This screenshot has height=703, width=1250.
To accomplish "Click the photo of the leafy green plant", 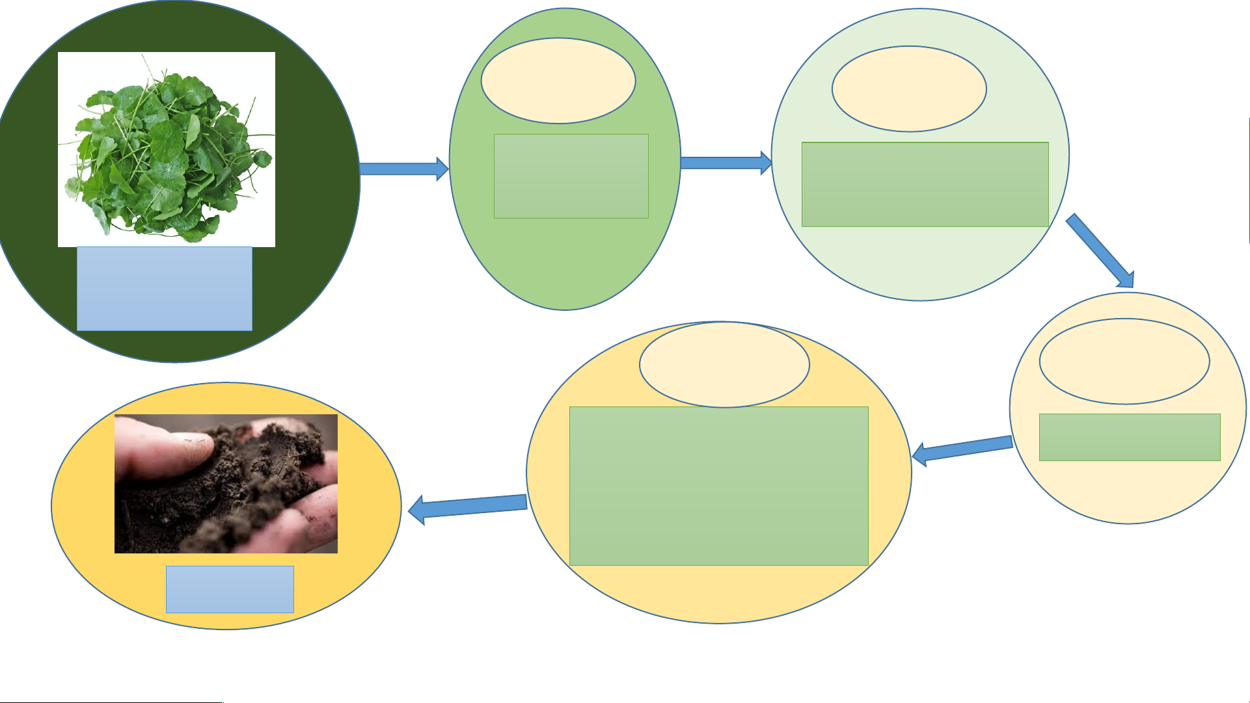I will (x=166, y=149).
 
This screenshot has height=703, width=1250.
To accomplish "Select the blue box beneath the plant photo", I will (x=165, y=289).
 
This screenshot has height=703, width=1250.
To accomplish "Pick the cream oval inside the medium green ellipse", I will (x=558, y=81).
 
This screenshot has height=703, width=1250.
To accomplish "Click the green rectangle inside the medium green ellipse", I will (x=571, y=176).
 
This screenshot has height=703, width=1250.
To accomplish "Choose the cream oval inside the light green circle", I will (x=909, y=88).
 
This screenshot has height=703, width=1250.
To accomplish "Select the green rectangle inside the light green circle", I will (x=925, y=184).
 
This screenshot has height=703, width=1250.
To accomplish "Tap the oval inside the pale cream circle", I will (x=1124, y=361).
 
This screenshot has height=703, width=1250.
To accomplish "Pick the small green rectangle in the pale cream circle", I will (x=1130, y=437).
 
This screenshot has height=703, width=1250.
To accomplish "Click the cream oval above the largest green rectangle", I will (x=724, y=364).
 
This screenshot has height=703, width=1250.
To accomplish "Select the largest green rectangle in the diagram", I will (x=719, y=486).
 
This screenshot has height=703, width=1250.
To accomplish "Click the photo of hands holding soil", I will (x=226, y=484).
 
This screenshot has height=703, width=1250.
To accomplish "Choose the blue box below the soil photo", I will (x=230, y=589).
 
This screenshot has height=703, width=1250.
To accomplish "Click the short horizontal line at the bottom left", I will (x=111, y=702).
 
